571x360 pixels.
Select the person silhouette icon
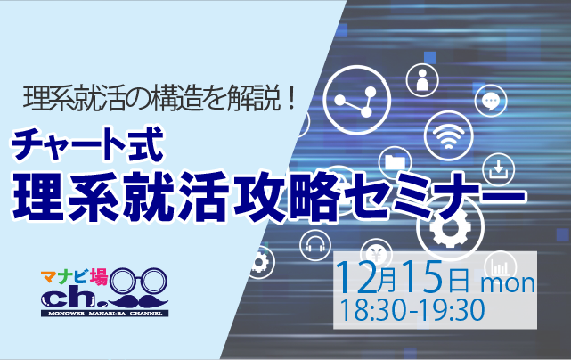coord(422,80)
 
